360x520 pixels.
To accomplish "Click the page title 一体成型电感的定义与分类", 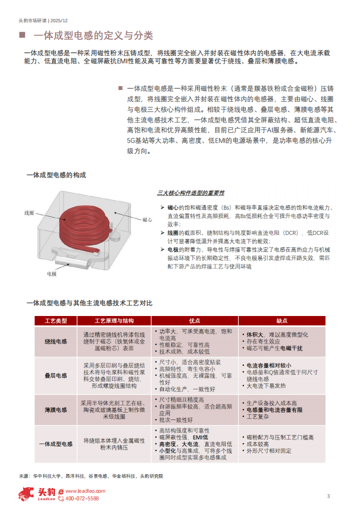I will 92,36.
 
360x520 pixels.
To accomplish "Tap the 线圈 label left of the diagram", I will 29,213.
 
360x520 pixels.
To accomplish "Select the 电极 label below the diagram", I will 52,273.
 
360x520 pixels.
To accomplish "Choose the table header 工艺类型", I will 56,320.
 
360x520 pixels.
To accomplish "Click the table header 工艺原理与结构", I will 114,320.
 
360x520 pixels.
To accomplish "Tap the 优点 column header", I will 194,320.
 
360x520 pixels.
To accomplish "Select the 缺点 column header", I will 282,320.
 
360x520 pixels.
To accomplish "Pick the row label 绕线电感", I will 56,341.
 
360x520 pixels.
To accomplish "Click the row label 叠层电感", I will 56,375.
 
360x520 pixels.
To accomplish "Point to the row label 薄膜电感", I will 56,409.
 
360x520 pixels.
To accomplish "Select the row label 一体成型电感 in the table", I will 56,443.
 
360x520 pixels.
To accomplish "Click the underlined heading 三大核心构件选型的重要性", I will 190,193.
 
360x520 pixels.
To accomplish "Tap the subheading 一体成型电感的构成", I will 56,175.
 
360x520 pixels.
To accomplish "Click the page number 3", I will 328,496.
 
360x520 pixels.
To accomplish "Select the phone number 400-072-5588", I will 82,498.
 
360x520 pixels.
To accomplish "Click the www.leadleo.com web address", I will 85,491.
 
